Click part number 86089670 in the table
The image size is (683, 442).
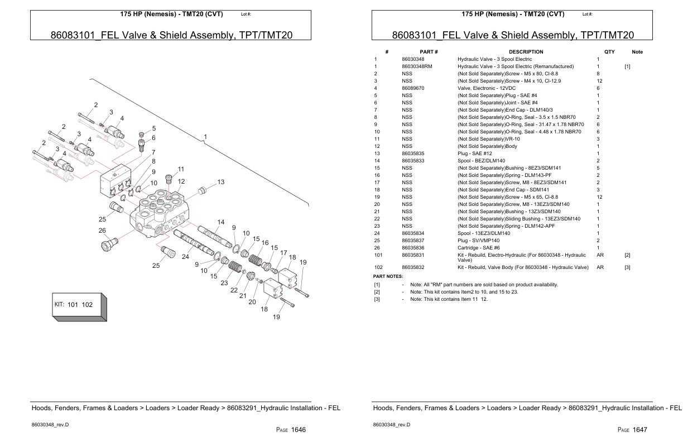coord(413,88)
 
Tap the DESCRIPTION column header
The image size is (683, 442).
coord(526,52)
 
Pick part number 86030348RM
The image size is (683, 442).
coord(417,66)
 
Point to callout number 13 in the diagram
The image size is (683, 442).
coord(221,182)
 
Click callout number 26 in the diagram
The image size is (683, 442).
coord(102,230)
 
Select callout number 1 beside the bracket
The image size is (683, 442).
coord(205,137)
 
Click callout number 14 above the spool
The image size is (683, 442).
coord(221,222)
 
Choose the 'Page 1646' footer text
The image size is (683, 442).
coord(291,430)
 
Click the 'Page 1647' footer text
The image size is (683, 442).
coord(632,430)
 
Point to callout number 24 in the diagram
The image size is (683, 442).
coord(186,257)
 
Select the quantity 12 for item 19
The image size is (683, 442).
coord(600,197)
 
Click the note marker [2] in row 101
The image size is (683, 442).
coord(627,255)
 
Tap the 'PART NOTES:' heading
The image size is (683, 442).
coord(388,276)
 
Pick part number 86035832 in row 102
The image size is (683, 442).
coord(413,267)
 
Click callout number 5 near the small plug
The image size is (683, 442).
coord(153,128)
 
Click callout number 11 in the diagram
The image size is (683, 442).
coord(181,169)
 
